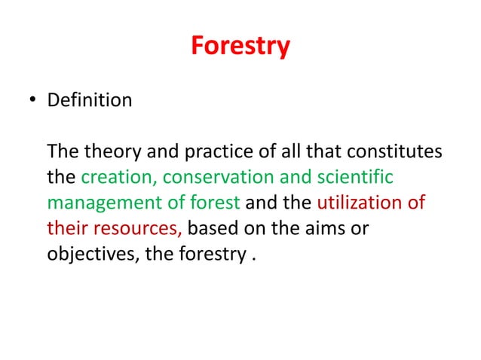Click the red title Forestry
[x=240, y=46]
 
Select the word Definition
[x=89, y=99]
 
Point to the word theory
[x=105, y=153]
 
